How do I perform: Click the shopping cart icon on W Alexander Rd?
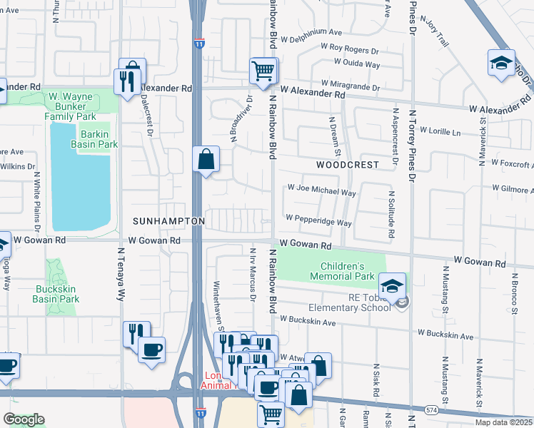[263, 71]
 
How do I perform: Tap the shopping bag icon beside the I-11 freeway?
[206, 160]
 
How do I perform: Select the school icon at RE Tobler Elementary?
[391, 287]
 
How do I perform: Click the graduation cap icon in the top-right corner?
[501, 63]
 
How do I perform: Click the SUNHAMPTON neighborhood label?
[168, 222]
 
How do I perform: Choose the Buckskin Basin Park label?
[56, 295]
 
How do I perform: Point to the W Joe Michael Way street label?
[321, 193]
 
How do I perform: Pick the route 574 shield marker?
[430, 410]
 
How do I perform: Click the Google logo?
[24, 419]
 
